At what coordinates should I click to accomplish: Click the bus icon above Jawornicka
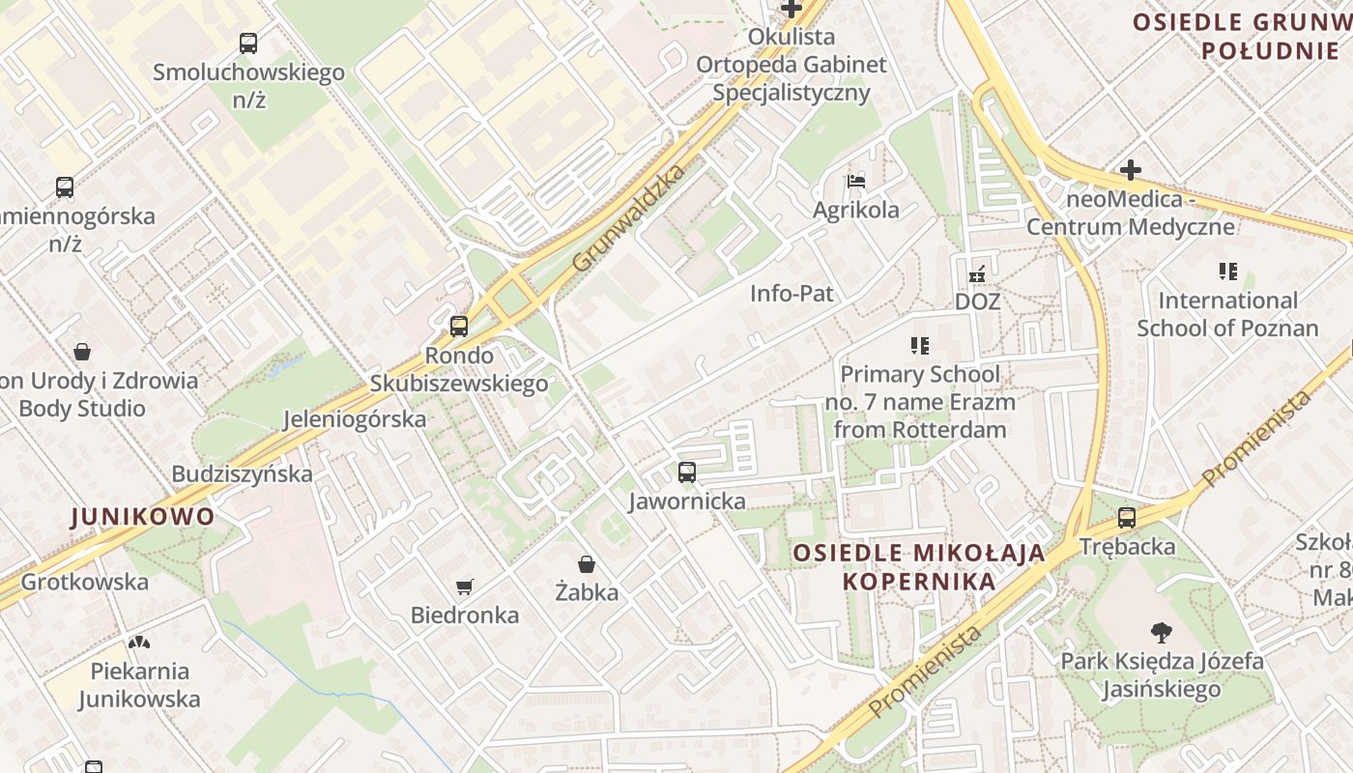pos(686,472)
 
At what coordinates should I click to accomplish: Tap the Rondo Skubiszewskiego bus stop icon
pos(459,327)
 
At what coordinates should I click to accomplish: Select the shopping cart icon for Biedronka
pos(465,587)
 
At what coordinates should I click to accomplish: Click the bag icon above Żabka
pos(586,563)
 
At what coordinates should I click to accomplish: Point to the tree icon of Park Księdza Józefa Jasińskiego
pos(1162,633)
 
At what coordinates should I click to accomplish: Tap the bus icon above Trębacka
pos(1127,518)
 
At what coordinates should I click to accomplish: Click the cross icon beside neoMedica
pos(1131,171)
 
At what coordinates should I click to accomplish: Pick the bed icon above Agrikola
pos(855,181)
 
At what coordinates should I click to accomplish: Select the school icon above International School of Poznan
pos(1227,272)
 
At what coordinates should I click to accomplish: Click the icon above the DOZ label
pos(977,273)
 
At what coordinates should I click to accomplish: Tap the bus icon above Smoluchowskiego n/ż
pos(248,43)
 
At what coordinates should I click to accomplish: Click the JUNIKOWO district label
pos(142,516)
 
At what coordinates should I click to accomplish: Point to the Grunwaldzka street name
pos(628,217)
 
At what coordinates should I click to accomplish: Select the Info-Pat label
pos(792,293)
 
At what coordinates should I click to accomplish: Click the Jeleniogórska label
pos(355,419)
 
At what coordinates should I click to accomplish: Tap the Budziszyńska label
pos(243,473)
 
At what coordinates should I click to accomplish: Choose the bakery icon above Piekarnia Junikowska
pos(139,643)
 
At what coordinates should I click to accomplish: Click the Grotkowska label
pos(85,582)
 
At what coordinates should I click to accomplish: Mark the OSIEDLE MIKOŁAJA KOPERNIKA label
pos(919,567)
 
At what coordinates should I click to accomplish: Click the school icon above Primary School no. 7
pos(919,345)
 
